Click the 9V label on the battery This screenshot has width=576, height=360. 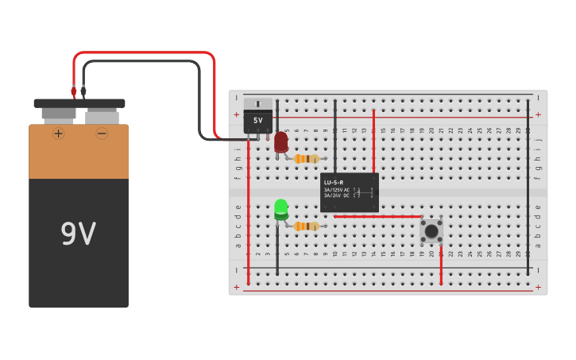tap(78, 234)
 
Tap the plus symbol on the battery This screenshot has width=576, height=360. tap(58, 134)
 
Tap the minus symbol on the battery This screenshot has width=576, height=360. tap(102, 134)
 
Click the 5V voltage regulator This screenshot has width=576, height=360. tap(257, 118)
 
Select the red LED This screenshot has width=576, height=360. tap(280, 142)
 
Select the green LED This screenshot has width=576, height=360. tap(280, 209)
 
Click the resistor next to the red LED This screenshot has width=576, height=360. tap(306, 159)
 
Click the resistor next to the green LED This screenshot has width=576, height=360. tap(306, 226)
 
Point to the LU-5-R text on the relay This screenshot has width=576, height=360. tap(334, 182)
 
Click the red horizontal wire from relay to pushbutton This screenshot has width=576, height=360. tap(377, 216)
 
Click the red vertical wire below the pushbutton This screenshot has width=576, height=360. tap(441, 262)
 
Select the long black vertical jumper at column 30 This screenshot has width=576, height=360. tap(528, 187)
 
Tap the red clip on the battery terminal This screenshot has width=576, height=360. tap(73, 91)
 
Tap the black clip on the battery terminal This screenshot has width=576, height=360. tap(83, 91)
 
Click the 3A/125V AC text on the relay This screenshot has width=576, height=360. tap(335, 189)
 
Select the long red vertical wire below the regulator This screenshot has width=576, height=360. tap(248, 215)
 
